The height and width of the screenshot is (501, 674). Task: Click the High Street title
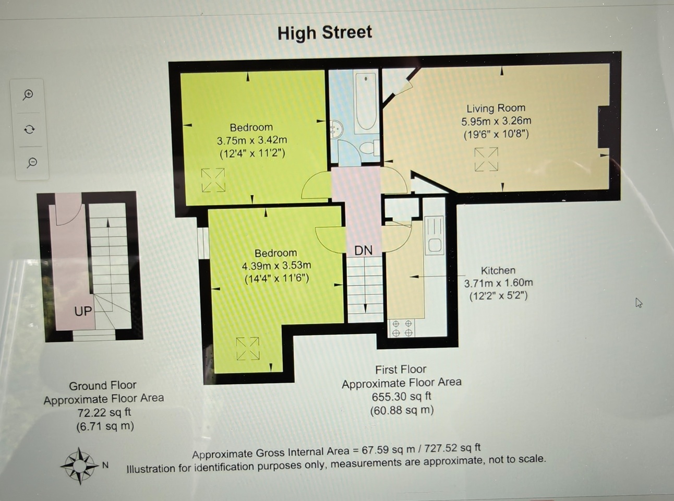(x=324, y=33)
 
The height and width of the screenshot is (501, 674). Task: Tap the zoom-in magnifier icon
(x=28, y=95)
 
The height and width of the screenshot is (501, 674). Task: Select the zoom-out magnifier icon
(x=32, y=163)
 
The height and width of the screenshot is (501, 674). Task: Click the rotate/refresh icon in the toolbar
(x=30, y=129)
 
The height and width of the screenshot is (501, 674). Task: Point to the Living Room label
(x=496, y=108)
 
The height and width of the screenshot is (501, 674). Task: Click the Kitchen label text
(x=498, y=270)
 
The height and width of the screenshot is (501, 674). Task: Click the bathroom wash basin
(x=336, y=129)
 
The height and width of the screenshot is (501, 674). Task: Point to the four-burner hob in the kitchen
(x=402, y=328)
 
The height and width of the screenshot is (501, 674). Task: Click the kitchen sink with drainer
(x=434, y=235)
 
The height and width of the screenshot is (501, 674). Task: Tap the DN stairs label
(x=364, y=250)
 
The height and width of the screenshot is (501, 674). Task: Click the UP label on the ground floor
(x=83, y=311)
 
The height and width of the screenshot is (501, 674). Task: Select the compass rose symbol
(x=79, y=465)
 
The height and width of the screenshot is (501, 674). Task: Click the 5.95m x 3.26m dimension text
(x=496, y=121)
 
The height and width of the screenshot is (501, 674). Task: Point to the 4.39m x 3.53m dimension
(x=276, y=266)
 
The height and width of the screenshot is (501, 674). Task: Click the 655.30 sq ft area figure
(x=401, y=397)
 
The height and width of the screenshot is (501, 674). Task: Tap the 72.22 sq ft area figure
(x=104, y=412)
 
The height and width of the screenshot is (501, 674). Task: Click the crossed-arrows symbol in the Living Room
(x=486, y=160)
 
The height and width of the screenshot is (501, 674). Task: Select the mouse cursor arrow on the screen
(x=639, y=303)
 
